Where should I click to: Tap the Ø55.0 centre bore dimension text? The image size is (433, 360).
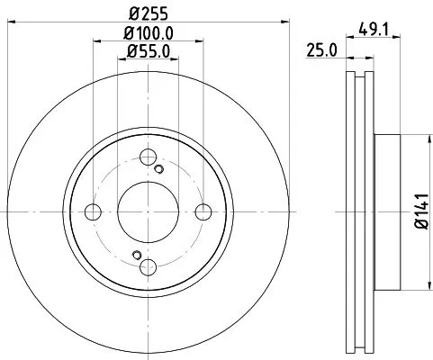tap(149, 51)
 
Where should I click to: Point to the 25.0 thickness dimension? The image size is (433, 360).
tap(320, 50)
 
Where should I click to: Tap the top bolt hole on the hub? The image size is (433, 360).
tap(149, 157)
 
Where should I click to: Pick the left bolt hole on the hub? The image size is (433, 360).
tap(93, 212)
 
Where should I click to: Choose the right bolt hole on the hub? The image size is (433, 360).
tap(204, 212)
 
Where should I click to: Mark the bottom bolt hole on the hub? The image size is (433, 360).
tap(149, 266)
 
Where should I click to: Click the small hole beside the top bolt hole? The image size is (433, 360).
tap(160, 169)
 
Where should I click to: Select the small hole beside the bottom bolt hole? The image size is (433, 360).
tap(136, 254)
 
